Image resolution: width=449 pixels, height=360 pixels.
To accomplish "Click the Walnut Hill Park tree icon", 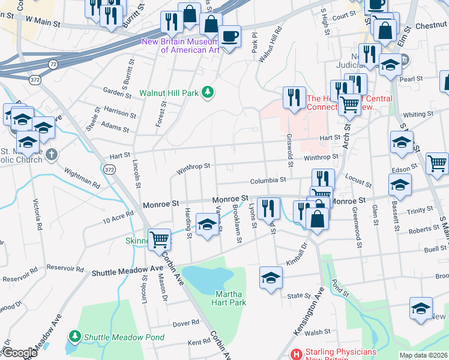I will click(x=208, y=92).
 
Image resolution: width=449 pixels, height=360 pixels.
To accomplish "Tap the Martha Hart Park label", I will click(x=229, y=299).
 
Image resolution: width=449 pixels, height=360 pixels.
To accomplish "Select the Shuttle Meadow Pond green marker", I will click(x=75, y=337).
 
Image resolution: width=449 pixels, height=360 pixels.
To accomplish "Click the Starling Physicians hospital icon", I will click(x=295, y=355).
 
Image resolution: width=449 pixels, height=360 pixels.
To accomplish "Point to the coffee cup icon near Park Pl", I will click(x=229, y=35).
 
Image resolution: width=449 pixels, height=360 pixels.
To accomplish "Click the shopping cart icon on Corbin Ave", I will click(x=159, y=239).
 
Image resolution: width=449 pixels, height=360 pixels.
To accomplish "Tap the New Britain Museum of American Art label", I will click(x=180, y=46).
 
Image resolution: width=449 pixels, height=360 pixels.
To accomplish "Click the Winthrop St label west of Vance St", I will click(x=193, y=169).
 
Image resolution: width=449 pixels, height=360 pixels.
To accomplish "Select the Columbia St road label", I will click(x=268, y=180).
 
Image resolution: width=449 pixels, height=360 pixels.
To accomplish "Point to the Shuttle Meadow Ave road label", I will click(x=127, y=271).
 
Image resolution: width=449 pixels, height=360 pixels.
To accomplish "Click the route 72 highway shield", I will click(x=53, y=63).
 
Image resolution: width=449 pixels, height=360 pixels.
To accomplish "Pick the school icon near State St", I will click(x=271, y=277).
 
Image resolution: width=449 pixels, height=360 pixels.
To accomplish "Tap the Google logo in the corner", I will click(x=20, y=353).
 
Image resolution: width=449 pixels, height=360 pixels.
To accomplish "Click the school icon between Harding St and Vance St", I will click(x=207, y=224).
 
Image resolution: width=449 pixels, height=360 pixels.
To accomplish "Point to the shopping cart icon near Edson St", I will click(x=438, y=162).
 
